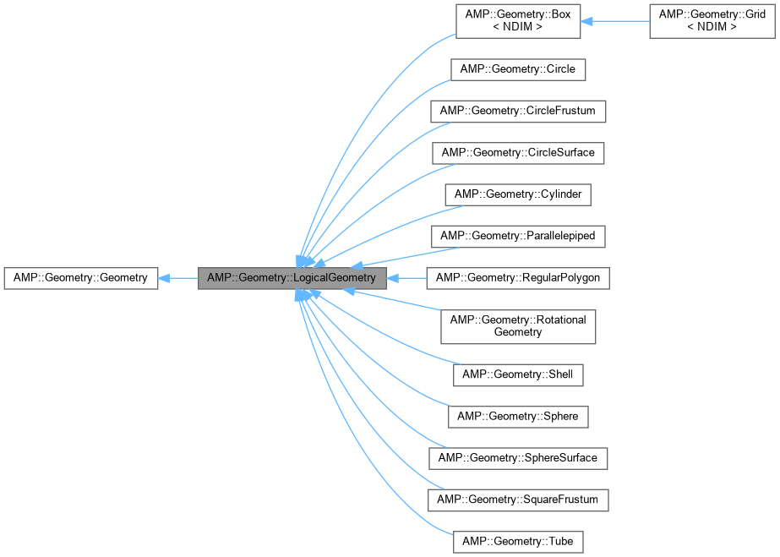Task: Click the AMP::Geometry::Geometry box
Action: pos(81,278)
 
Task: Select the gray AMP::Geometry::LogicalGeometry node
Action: pos(292,278)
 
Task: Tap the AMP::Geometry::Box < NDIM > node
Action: pos(518,21)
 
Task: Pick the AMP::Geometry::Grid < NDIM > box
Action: pos(711,21)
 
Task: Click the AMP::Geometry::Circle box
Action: pos(518,69)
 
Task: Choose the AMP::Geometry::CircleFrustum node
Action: pos(518,111)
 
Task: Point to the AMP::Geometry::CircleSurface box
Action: pos(518,153)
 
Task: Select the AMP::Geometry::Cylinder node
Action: pos(518,194)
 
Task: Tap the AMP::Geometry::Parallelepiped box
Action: pos(518,236)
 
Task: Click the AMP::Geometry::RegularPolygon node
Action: pos(518,278)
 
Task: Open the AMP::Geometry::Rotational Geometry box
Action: pos(518,325)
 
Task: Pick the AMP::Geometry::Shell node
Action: pos(518,374)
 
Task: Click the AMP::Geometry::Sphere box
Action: pos(518,416)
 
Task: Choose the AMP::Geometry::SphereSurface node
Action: pos(518,458)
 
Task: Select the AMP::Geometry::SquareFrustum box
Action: pos(518,500)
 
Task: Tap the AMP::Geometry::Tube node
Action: pos(518,541)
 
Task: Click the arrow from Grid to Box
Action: pos(615,21)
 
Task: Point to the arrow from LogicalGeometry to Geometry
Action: pos(178,278)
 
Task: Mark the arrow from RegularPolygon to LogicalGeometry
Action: pos(407,278)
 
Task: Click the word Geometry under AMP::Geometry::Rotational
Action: pos(518,333)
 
